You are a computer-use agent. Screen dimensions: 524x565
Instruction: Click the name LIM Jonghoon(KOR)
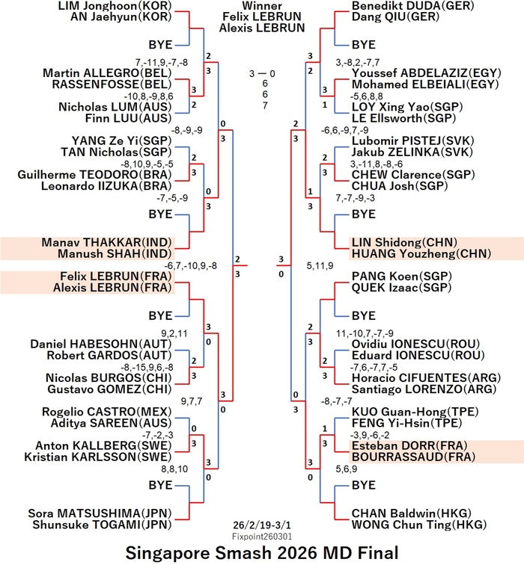pyautogui.click(x=115, y=6)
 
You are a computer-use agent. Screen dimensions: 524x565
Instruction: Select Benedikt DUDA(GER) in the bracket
pyautogui.click(x=413, y=6)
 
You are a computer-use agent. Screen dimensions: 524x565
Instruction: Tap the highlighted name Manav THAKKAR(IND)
pyautogui.click(x=106, y=242)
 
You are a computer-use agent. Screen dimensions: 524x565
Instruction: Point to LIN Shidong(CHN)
pyautogui.click(x=404, y=242)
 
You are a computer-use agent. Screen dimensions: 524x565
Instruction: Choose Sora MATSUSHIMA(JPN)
pyautogui.click(x=100, y=513)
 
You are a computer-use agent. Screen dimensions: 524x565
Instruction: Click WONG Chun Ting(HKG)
pyautogui.click(x=419, y=525)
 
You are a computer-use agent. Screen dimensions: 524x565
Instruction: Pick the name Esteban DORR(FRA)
pyautogui.click(x=409, y=445)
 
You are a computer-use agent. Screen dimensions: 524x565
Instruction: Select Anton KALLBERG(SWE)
pyautogui.click(x=103, y=445)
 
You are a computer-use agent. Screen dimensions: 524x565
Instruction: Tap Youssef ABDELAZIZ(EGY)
pyautogui.click(x=427, y=72)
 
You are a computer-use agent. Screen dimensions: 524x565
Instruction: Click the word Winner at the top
pyautogui.click(x=262, y=5)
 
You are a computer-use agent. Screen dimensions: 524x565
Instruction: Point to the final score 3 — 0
pyautogui.click(x=262, y=73)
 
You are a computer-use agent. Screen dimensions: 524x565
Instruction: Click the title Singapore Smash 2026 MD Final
pyautogui.click(x=262, y=552)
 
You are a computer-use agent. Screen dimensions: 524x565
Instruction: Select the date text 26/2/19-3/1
pyautogui.click(x=262, y=525)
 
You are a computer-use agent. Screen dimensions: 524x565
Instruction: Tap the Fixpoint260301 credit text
pyautogui.click(x=262, y=537)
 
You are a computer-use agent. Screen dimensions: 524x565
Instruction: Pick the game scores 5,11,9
pyautogui.click(x=320, y=266)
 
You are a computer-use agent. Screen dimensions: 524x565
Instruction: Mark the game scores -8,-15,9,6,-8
pyautogui.click(x=147, y=368)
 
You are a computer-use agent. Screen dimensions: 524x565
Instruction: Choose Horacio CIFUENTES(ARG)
pyautogui.click(x=426, y=377)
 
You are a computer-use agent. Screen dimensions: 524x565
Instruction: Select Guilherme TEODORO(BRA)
pyautogui.click(x=94, y=174)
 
